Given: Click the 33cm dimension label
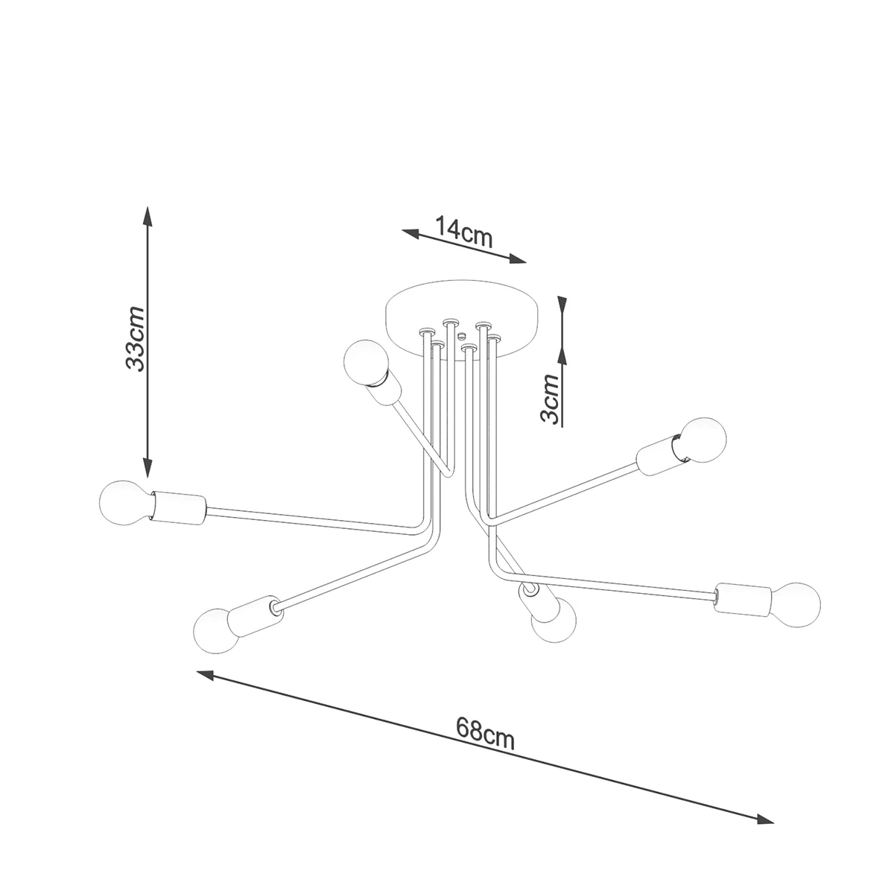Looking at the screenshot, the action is [x=136, y=338].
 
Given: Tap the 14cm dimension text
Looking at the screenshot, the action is [x=463, y=232].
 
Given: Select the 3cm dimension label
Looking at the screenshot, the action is [x=551, y=399].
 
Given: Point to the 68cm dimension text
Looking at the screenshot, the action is [x=485, y=734].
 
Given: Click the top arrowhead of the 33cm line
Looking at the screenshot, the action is [x=147, y=216].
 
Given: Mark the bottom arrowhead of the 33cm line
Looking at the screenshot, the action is [x=147, y=467].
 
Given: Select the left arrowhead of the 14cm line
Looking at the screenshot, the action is [x=410, y=234].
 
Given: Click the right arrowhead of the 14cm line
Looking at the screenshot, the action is [x=518, y=259].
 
